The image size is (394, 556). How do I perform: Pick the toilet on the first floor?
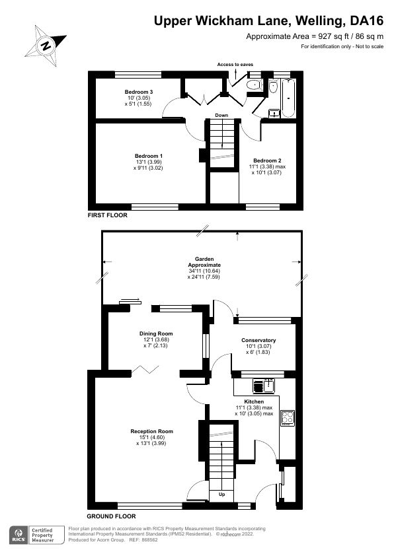[253, 86]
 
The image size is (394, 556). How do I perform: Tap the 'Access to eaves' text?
[235, 65]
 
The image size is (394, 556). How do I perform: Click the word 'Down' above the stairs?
[221, 116]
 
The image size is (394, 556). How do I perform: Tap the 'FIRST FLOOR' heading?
[107, 215]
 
